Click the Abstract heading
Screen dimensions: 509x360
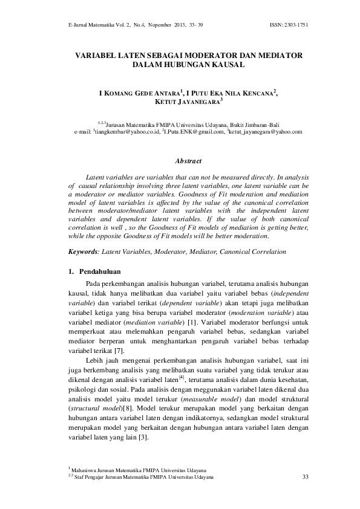click(x=188, y=162)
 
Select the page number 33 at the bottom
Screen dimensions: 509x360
click(x=304, y=478)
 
